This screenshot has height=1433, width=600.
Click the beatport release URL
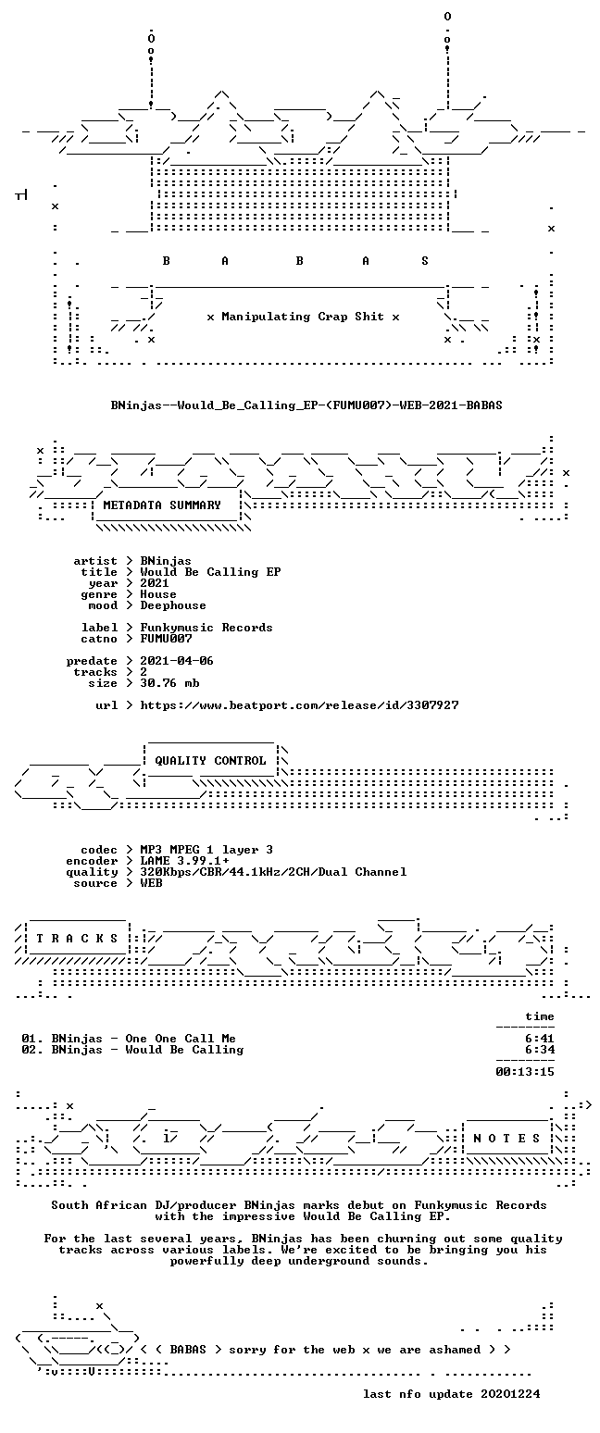299,705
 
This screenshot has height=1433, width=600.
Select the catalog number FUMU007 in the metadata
167,639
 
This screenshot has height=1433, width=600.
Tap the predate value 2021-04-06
177,661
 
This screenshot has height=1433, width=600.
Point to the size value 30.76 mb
170,683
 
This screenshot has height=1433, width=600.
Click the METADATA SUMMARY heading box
162,505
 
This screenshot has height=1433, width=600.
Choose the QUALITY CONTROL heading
210,761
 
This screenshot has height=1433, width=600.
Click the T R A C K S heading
78,939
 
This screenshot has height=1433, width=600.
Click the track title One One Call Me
181,1039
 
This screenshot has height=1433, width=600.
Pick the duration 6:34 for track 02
540,1049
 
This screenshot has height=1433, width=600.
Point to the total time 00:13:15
525,1072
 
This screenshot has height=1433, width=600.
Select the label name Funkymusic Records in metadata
206,628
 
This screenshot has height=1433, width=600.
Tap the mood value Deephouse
173,605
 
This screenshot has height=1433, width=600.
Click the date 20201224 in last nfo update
510,1393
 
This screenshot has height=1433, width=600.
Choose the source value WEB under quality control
152,883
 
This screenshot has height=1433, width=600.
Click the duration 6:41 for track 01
540,1039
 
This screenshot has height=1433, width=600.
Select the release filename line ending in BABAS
306,405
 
